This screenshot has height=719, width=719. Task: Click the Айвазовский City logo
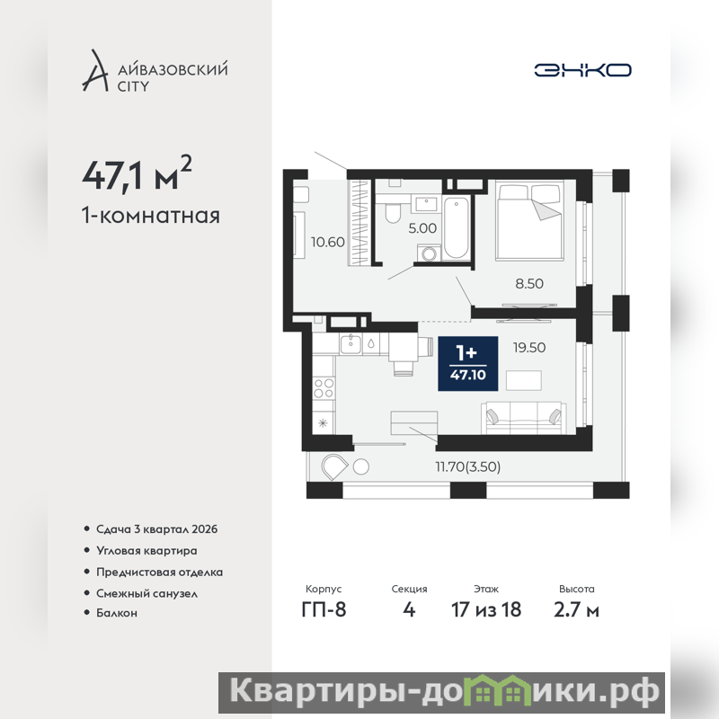tap(155, 70)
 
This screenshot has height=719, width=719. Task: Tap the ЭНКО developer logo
tap(582, 70)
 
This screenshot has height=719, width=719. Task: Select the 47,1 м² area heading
tap(137, 173)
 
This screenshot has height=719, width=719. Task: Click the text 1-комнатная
tap(151, 216)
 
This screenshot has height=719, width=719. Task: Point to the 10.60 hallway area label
tap(327, 242)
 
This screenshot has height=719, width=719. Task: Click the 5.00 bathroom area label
tap(422, 228)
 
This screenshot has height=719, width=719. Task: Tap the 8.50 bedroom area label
tap(529, 283)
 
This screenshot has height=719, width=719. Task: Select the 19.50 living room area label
tap(529, 348)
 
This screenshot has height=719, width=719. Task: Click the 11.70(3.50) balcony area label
tap(467, 466)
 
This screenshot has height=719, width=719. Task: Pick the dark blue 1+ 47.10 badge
tap(467, 364)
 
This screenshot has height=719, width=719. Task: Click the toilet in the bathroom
tap(393, 210)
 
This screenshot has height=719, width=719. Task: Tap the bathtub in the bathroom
tap(456, 227)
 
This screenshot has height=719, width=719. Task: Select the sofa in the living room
tap(523, 418)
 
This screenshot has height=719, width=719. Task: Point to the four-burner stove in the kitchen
tap(324, 388)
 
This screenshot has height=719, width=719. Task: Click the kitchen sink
tap(351, 344)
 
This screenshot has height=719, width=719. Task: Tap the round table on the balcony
tap(361, 466)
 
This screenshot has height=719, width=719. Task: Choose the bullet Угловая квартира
tap(146, 551)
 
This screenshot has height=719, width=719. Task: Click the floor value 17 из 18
tap(486, 610)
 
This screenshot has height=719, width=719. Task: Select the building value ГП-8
tap(324, 610)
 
